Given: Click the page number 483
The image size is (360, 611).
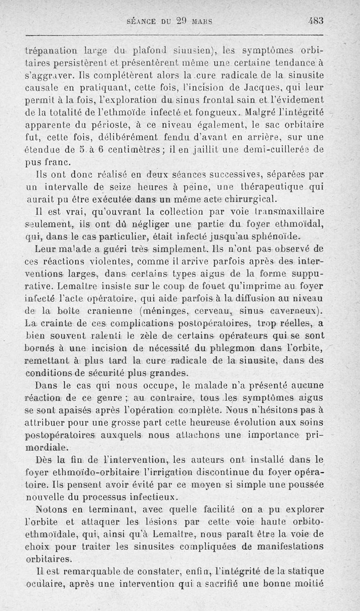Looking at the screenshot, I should (x=317, y=21).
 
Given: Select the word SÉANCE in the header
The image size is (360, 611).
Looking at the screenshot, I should (x=143, y=21).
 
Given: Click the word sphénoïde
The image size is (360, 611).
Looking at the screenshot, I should (x=272, y=237).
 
